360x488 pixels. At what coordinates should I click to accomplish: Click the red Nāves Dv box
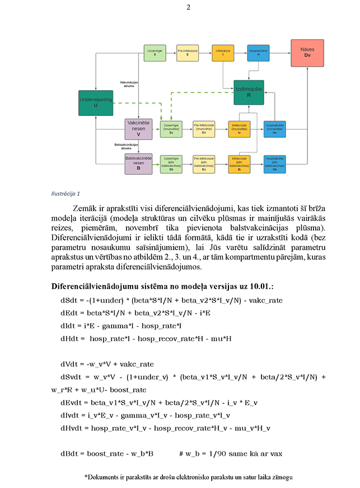307,53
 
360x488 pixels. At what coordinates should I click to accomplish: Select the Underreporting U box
96,102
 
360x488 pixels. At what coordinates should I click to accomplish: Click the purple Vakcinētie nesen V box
138,128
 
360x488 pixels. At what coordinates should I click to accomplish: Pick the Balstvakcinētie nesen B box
138,165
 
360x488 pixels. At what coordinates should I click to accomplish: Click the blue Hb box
275,165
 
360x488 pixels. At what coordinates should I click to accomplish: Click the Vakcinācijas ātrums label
130,83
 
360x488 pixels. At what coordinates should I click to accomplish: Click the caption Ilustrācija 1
65,194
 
